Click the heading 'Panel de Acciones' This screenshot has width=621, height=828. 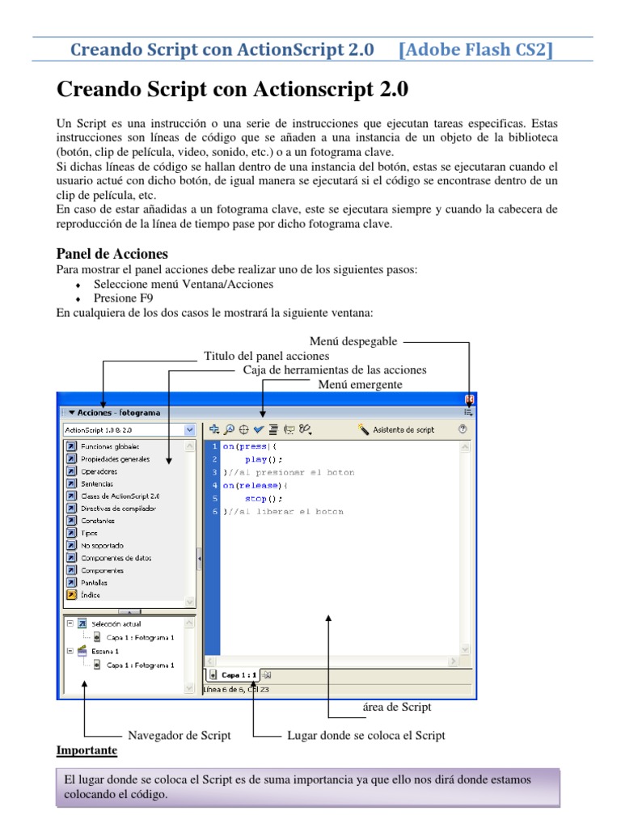pyautogui.click(x=112, y=254)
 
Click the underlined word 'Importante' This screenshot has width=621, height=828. pyautogui.click(x=87, y=750)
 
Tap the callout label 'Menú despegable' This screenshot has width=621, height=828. pyautogui.click(x=353, y=342)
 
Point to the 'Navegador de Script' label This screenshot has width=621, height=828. pyautogui.click(x=180, y=735)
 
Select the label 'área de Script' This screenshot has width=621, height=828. pyautogui.click(x=397, y=707)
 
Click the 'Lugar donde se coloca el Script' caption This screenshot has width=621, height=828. pyautogui.click(x=366, y=735)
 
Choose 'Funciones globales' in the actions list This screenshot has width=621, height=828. pyautogui.click(x=110, y=446)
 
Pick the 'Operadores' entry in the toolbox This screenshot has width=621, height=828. pyautogui.click(x=99, y=471)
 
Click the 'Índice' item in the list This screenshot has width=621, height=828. pyautogui.click(x=91, y=595)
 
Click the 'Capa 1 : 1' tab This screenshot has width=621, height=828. pyautogui.click(x=239, y=674)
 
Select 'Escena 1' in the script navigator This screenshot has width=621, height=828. pyautogui.click(x=105, y=650)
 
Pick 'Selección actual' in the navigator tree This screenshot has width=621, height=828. pyautogui.click(x=116, y=624)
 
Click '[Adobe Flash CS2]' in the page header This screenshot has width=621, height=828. pyautogui.click(x=476, y=50)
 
